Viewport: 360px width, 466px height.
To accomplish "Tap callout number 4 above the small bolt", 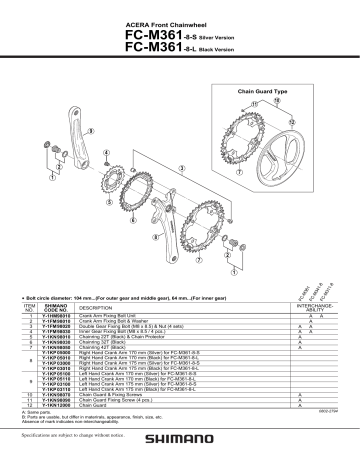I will pos(104,150).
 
